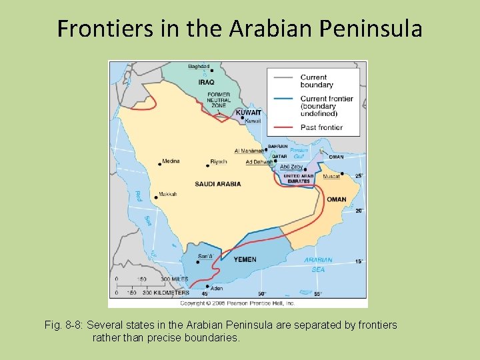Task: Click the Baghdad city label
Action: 198,66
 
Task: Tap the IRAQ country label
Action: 206,83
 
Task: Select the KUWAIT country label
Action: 249,113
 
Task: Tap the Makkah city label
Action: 168,194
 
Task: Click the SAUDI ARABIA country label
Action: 218,183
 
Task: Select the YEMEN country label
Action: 245,259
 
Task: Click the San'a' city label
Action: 205,256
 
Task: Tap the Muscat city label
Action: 331,177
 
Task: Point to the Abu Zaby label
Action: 291,167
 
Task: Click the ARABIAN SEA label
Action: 318,265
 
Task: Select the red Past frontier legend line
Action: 283,127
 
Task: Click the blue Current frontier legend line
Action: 283,99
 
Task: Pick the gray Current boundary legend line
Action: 283,77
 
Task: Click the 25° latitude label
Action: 359,176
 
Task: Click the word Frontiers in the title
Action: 102,29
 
